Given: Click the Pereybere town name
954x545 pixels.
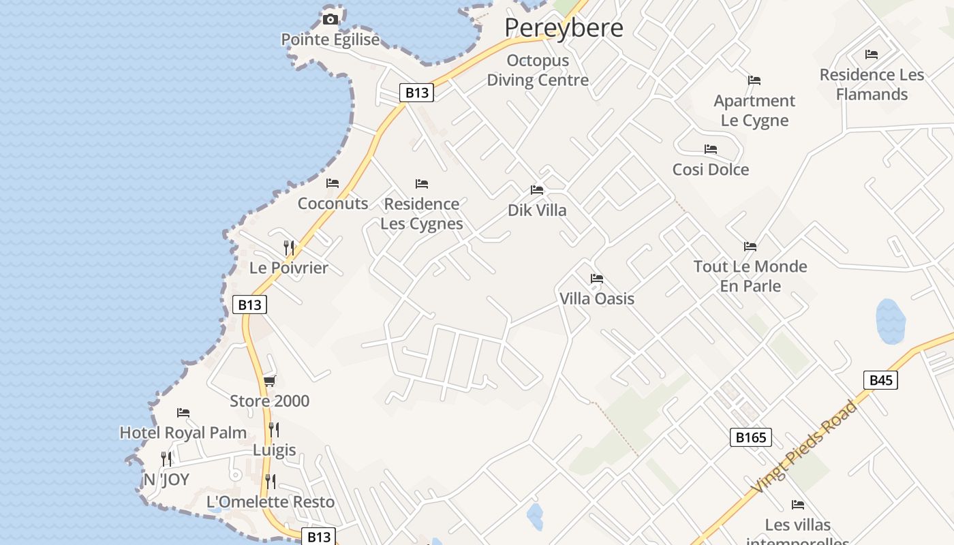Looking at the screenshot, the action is pos(564,28).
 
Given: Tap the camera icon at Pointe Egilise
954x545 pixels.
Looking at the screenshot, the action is pos(330,19).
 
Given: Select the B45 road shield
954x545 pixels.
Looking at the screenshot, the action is pos(880,380).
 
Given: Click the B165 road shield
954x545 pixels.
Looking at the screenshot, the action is pos(751,437).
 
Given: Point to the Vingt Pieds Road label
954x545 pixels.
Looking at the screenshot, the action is pos(805,447).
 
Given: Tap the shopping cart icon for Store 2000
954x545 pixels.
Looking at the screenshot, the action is pos(270,381).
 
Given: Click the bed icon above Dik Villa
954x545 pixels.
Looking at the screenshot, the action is pos(537,190).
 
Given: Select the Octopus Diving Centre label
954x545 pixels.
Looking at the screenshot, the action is pos(538,70).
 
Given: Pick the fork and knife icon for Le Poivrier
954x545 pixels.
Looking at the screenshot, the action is pos(290,247).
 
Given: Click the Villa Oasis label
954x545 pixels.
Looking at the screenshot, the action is pos(597,298).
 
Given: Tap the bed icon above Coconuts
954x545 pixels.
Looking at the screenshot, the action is pos(333,183).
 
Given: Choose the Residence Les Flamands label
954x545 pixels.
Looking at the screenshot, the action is pos(872,84).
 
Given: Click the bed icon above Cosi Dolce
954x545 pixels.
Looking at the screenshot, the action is pos(711,149).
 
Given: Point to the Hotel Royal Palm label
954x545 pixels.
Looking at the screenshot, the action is pos(183,433).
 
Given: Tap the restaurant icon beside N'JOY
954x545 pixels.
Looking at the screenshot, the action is pos(166,458).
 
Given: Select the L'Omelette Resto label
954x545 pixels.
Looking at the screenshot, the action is pos(271,502).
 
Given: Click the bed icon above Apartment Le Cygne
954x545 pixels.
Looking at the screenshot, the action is pos(754,80).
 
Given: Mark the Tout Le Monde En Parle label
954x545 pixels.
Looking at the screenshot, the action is pos(750,276).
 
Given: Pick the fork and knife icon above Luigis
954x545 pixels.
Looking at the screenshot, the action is pos(274,429).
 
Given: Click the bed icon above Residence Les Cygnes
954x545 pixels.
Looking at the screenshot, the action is pos(422,184).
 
